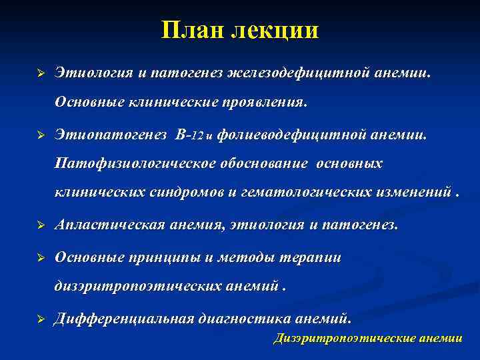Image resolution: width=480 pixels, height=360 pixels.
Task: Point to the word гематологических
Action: pyautogui.click(x=307, y=192)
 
